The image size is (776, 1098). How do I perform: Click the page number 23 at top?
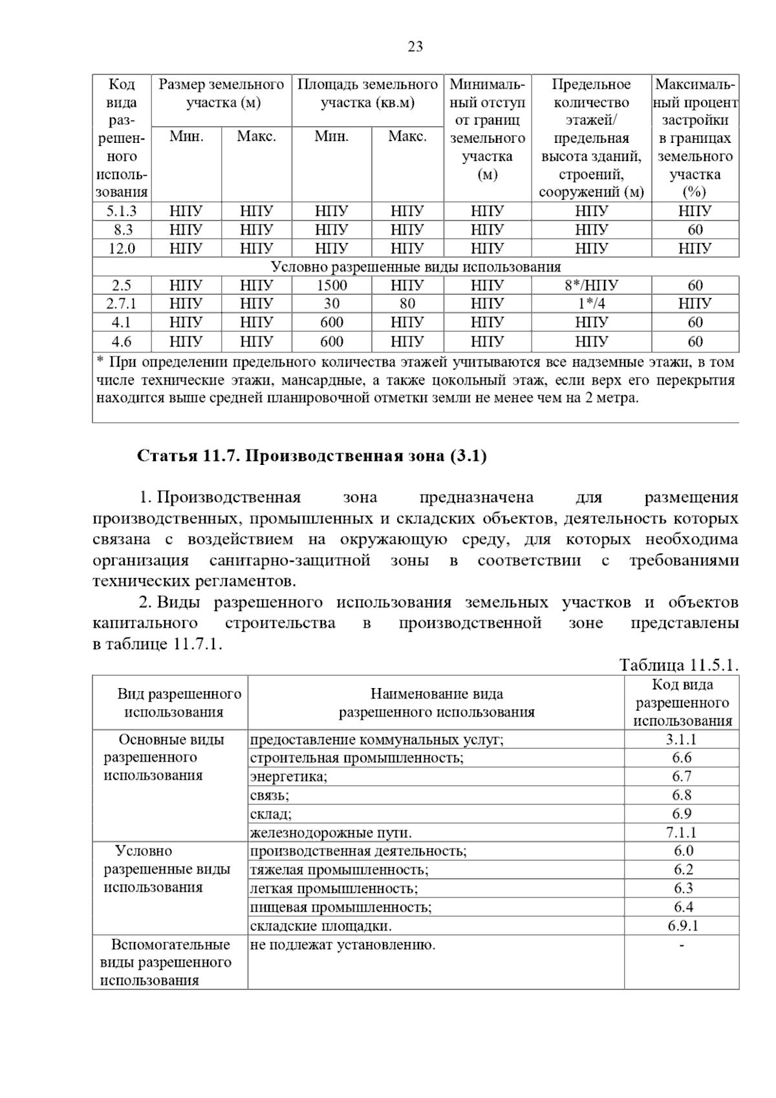[415, 47]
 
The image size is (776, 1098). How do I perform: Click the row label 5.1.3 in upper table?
[122, 211]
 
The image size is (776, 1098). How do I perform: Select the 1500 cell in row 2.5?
[331, 285]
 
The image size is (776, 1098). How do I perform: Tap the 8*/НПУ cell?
[591, 285]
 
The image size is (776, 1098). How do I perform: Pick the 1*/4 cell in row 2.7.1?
[591, 303]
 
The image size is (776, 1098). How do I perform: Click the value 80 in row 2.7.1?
[407, 303]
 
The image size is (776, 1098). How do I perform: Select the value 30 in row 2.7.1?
[331, 303]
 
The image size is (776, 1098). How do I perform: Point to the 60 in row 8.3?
[695, 230]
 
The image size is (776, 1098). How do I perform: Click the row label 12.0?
[122, 248]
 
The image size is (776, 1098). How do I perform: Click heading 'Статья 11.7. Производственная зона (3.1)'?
[312, 456]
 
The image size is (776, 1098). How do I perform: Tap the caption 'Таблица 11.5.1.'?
[678, 665]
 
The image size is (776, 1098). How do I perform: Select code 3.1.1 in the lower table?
[682, 740]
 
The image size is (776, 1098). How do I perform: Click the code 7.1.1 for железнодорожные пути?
[682, 833]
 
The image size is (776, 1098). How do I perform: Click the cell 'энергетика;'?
[288, 777]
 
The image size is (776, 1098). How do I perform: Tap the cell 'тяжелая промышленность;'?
[339, 870]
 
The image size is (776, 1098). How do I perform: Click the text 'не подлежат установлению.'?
[343, 945]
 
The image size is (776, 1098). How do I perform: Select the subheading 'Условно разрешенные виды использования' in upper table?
[415, 267]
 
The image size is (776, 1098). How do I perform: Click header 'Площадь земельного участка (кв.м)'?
[367, 93]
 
